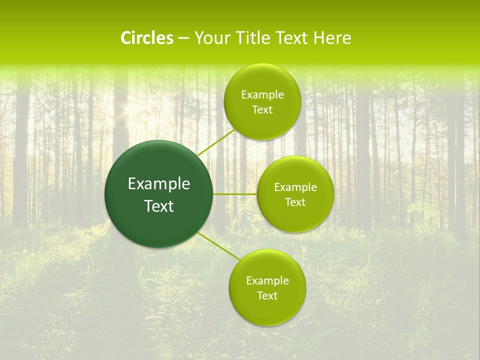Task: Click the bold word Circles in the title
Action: [147, 38]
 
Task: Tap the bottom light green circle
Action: [267, 312]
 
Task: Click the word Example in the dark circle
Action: [159, 184]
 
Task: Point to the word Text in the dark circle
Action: [159, 206]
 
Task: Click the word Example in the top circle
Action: [262, 95]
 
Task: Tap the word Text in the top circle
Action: [262, 110]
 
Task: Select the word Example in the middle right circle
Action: [295, 187]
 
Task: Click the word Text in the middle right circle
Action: [295, 202]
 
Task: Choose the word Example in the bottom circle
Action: [267, 281]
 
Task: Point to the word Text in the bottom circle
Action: [267, 296]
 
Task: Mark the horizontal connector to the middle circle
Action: [234, 194]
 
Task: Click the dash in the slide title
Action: [183, 38]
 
